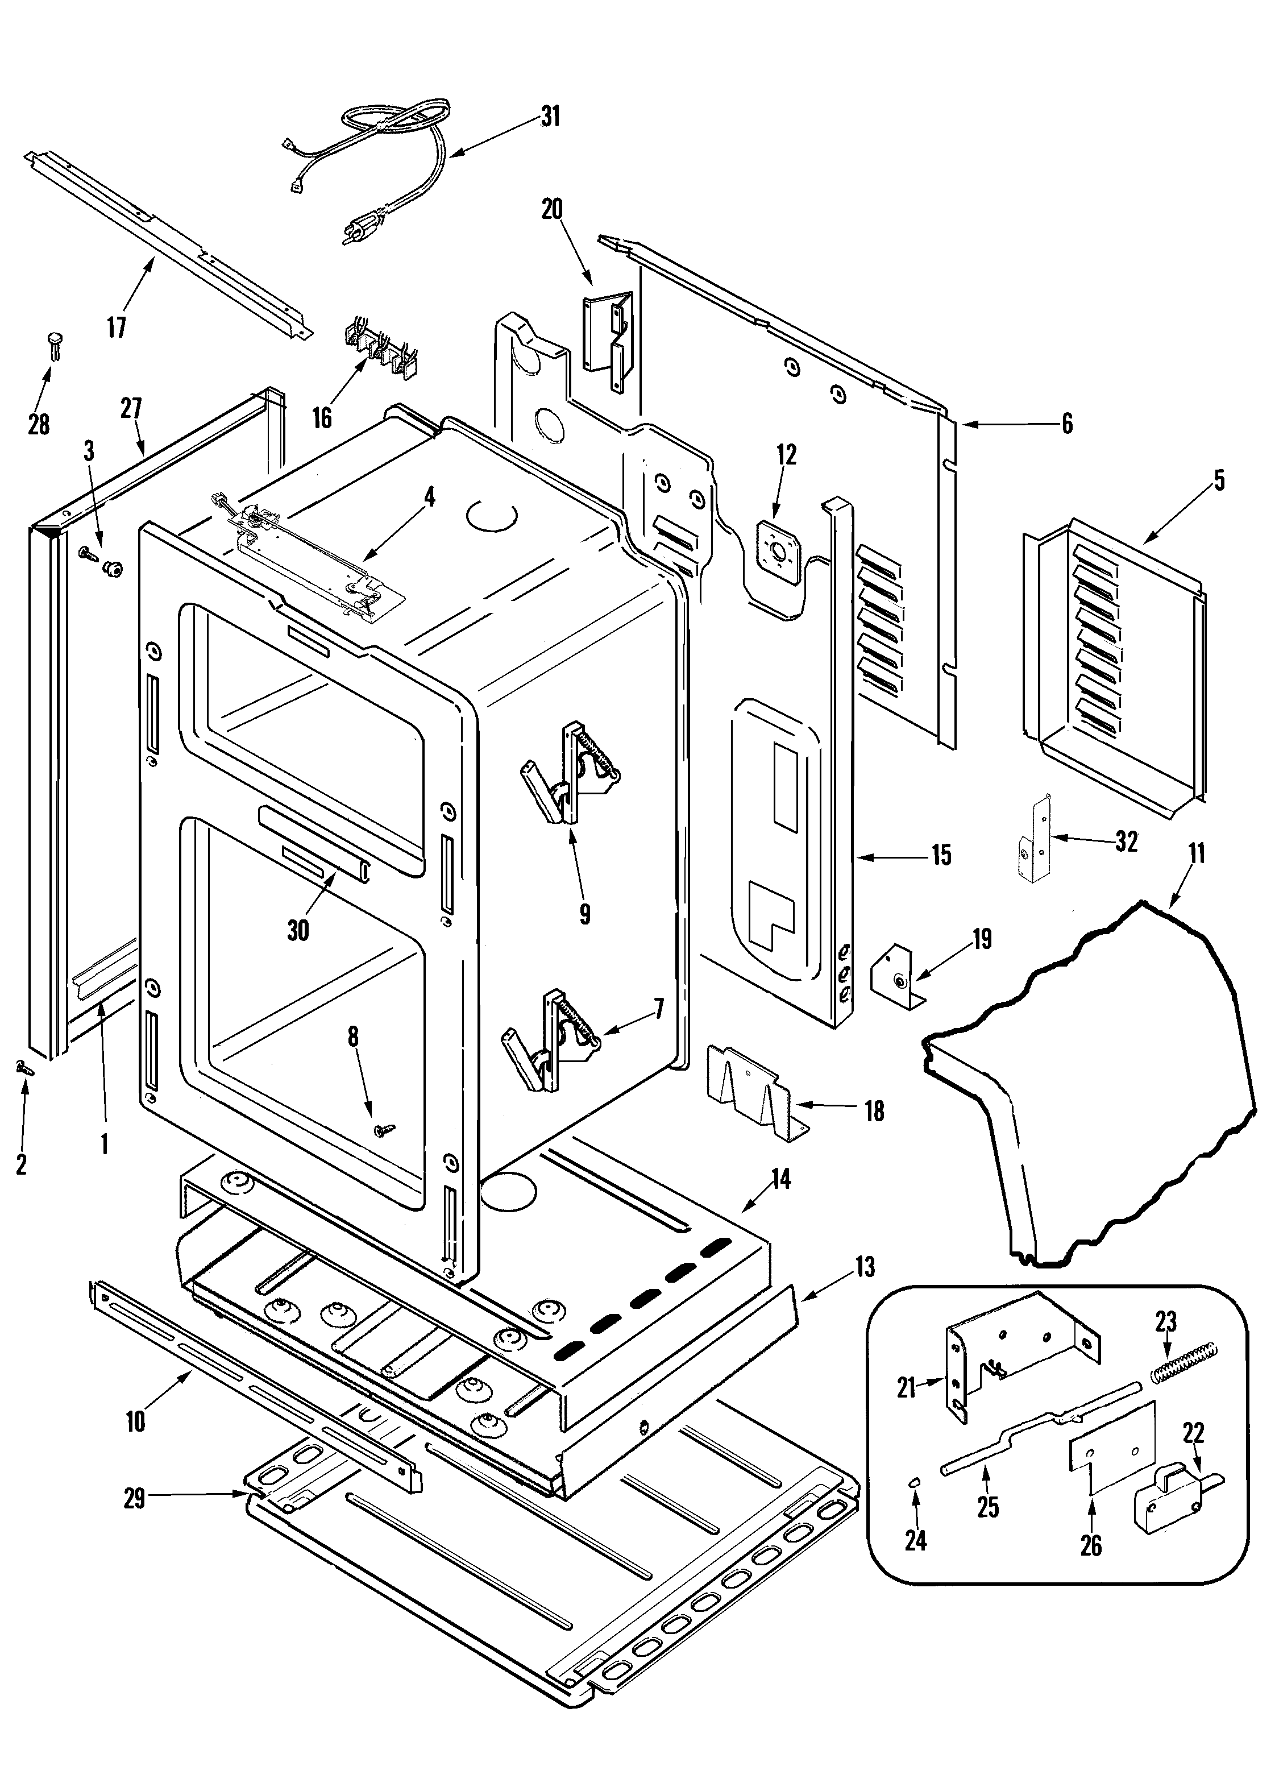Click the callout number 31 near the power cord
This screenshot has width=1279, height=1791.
coord(550,117)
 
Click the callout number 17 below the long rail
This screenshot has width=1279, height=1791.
coord(117,327)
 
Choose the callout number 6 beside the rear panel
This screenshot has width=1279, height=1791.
coord(1066,424)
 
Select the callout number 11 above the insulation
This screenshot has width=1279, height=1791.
coord(1197,854)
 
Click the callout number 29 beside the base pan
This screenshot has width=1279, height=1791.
coord(134,1498)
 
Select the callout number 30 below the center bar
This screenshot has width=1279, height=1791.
coord(298,930)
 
